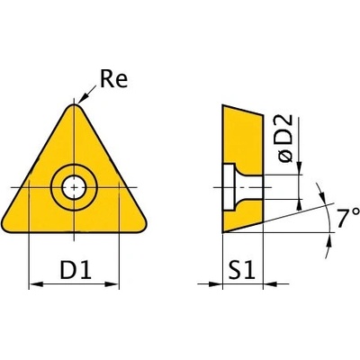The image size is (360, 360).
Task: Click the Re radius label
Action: point(113,78)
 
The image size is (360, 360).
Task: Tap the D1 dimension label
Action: point(76,270)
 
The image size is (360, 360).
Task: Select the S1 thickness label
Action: point(241,270)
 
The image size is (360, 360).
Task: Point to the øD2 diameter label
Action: point(284,139)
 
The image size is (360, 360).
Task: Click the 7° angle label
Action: point(347,218)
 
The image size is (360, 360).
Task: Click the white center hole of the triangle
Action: point(74,188)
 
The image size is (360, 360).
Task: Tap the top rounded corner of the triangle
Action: point(74,106)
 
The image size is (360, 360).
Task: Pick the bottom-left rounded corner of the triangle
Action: point(6,224)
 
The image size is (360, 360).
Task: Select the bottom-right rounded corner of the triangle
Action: point(141,225)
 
